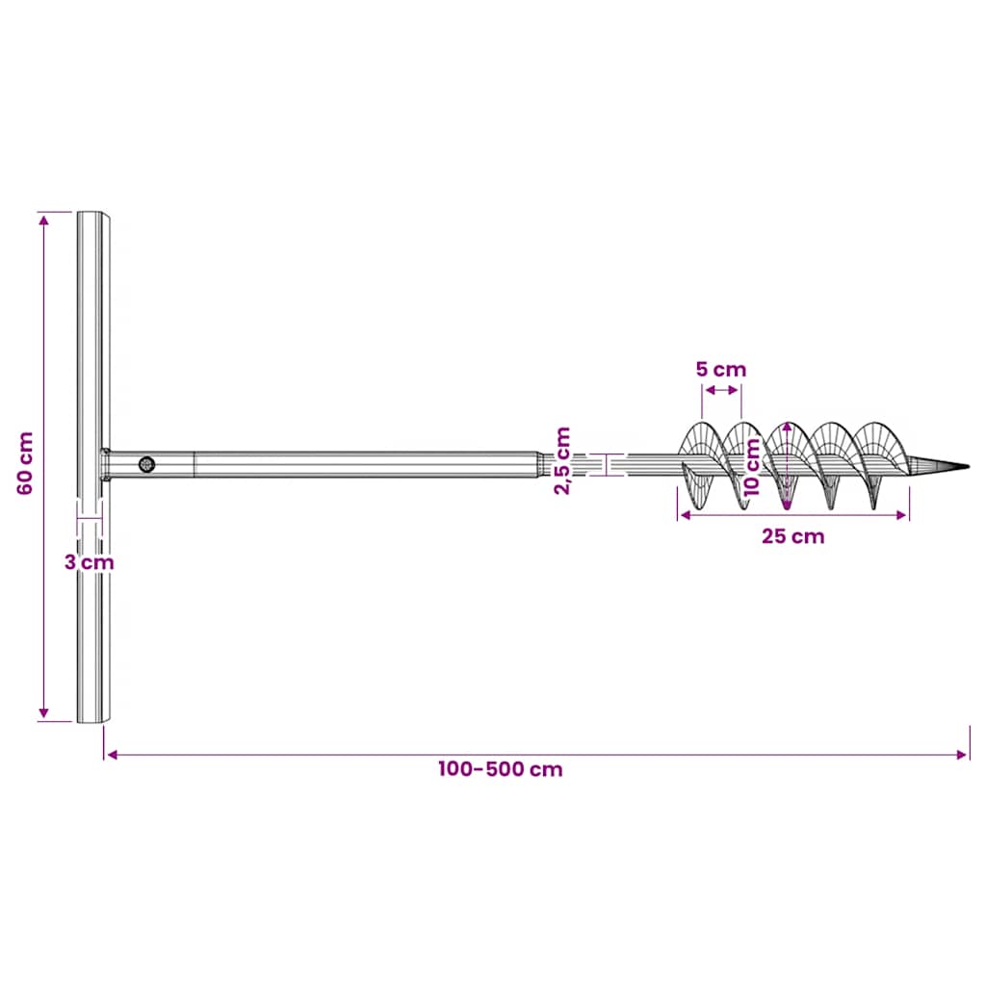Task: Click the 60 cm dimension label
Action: pos(26,463)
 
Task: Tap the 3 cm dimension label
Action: pos(89,561)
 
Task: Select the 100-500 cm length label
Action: pos(500,769)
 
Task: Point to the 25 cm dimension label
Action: pos(792,536)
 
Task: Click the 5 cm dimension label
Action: pos(721,369)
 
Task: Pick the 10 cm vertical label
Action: pos(754,465)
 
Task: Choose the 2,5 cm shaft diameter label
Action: pos(562,461)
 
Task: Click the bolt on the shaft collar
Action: pos(146,464)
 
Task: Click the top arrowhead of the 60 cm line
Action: pos(43,219)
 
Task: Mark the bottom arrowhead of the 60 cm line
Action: pos(43,714)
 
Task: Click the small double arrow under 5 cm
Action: pos(721,390)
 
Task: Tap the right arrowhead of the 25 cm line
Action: pos(902,515)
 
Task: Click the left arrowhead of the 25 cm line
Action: pos(685,515)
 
